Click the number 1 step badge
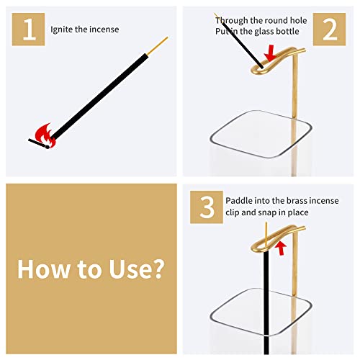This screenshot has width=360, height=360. click(29, 30)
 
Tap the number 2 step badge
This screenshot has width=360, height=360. click(330, 30)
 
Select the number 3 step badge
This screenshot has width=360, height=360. click(207, 207)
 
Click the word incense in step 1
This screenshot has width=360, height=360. click(104, 30)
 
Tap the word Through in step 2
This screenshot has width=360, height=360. click(230, 21)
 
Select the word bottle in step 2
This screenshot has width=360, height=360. click(297, 32)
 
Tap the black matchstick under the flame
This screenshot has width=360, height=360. click(40, 143)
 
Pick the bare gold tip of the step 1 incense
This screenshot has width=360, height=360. click(158, 45)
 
